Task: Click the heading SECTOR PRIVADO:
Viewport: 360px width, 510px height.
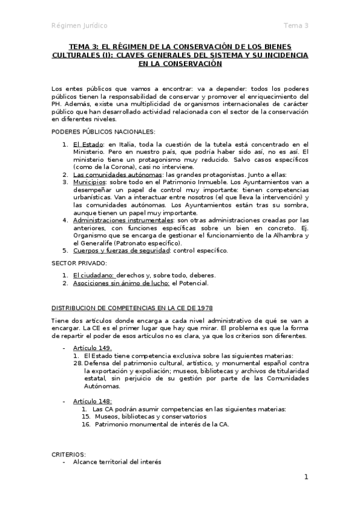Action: pos(79,263)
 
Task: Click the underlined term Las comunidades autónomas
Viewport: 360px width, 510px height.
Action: pos(111,174)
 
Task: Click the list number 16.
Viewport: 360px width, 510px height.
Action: pos(85,424)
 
